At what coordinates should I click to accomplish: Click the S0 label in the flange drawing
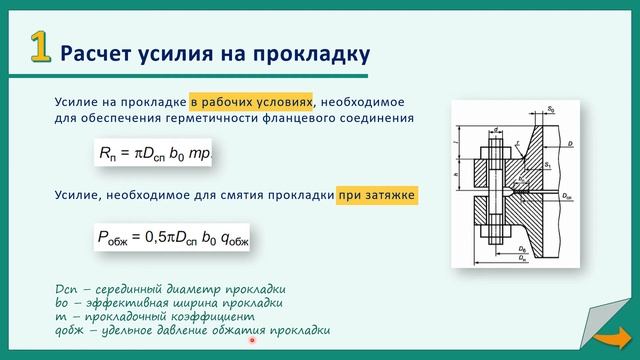pos(551,108)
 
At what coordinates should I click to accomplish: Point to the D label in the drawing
pos(569,146)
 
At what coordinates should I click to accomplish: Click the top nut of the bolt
pos(496,157)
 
